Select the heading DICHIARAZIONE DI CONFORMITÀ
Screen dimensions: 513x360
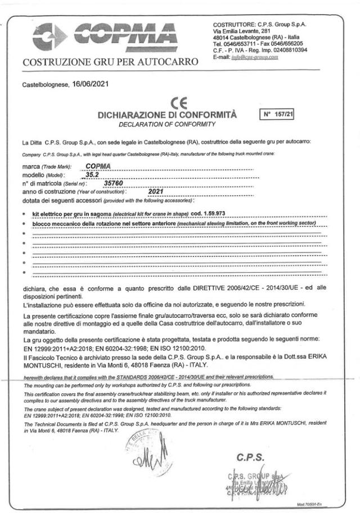click(166, 115)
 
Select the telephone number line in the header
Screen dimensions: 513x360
click(258, 43)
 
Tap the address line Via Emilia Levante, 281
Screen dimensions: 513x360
click(243, 31)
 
